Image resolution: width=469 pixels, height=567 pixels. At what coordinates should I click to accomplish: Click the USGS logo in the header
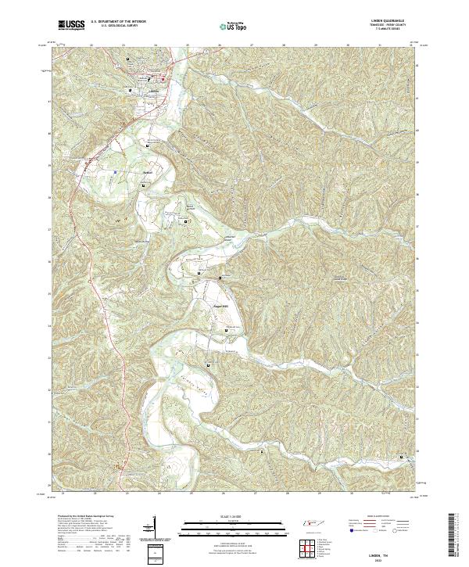point(71,26)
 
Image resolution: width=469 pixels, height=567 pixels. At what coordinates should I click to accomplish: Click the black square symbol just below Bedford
point(145,184)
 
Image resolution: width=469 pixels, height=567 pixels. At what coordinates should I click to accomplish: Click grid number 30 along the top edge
point(347,45)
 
